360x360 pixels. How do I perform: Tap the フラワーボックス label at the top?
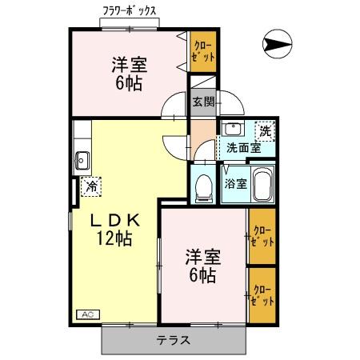tap(130, 11)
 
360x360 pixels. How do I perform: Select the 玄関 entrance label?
tap(202, 102)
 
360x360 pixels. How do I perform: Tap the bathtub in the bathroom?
tap(262, 184)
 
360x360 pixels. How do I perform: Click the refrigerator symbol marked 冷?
tap(92, 186)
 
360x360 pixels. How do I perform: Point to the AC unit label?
tap(86, 314)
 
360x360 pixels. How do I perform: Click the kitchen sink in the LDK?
tap(81, 158)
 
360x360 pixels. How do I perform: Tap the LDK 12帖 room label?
tap(114, 227)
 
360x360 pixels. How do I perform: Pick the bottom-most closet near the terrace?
tap(261, 294)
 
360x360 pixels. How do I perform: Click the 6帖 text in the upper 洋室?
tap(128, 82)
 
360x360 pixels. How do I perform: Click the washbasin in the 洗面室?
tap(233, 130)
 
